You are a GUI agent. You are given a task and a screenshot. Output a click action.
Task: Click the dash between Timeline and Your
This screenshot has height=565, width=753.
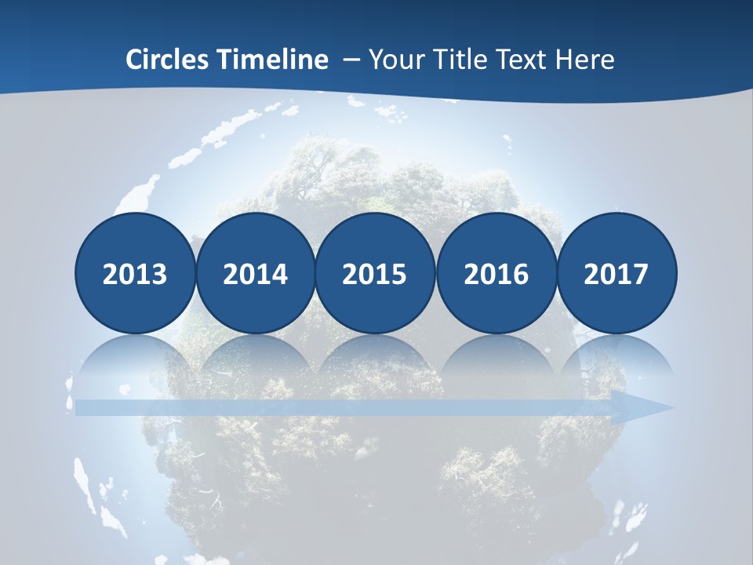[351, 60]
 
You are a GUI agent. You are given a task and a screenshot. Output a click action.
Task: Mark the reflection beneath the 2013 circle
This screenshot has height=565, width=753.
[135, 357]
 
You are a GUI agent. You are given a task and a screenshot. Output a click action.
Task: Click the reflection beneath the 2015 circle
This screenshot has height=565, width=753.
[375, 357]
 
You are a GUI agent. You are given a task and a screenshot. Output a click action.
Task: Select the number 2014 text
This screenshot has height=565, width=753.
[255, 274]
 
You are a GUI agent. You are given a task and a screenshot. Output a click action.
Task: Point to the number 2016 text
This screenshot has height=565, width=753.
[496, 274]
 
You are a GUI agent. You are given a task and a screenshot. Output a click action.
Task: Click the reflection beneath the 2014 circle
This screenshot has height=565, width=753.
[255, 357]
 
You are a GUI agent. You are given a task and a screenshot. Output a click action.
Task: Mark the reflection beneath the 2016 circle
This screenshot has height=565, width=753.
[496, 357]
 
